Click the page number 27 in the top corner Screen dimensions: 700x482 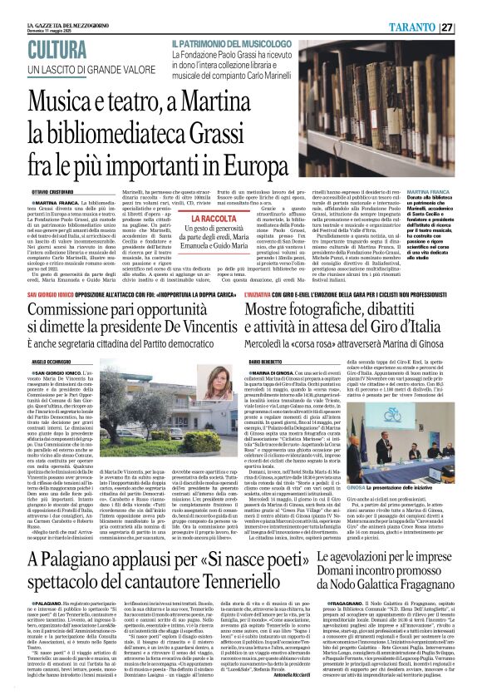(470, 26)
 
